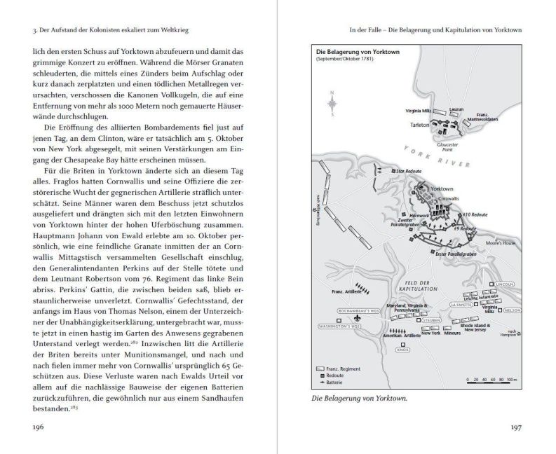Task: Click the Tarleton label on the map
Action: click(x=419, y=124)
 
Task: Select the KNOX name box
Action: click(x=402, y=348)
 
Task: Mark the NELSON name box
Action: click(x=511, y=309)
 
